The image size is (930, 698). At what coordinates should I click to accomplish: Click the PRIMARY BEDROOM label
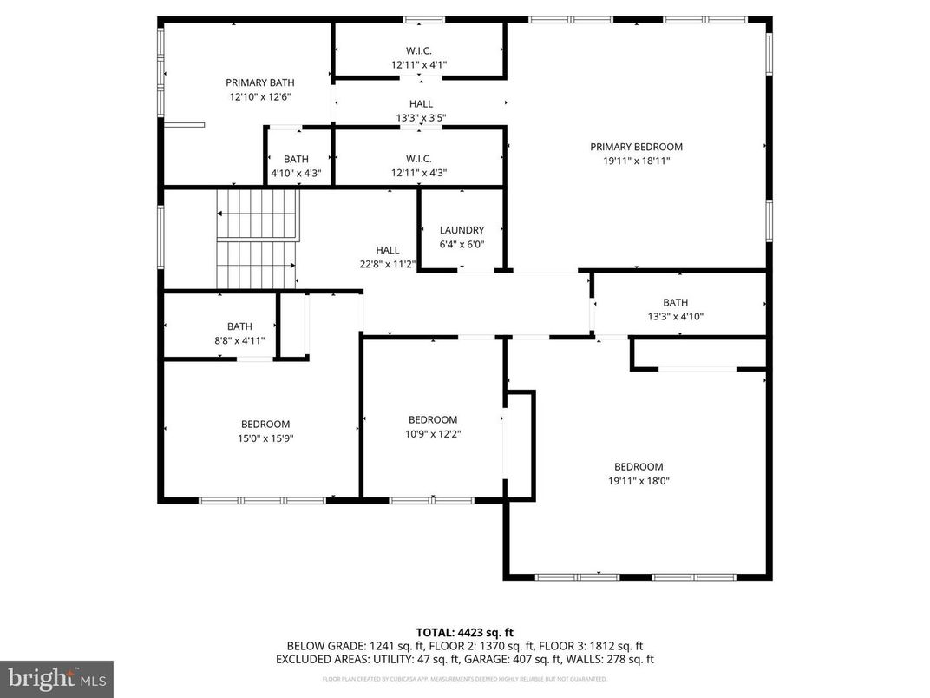pyautogui.click(x=636, y=147)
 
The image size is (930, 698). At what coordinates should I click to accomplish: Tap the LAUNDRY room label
pyautogui.click(x=462, y=230)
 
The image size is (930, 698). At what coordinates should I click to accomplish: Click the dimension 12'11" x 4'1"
pyautogui.click(x=419, y=64)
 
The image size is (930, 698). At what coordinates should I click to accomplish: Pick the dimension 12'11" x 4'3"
pyautogui.click(x=419, y=172)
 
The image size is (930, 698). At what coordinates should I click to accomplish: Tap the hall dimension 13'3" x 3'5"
pyautogui.click(x=421, y=118)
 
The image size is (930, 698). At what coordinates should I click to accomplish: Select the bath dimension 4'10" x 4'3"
pyautogui.click(x=296, y=173)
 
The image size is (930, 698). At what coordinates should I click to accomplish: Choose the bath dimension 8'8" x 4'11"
pyautogui.click(x=239, y=340)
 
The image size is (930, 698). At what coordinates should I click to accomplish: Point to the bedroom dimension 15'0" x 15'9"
pyautogui.click(x=265, y=438)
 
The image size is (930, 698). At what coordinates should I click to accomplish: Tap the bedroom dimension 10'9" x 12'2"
pyautogui.click(x=432, y=433)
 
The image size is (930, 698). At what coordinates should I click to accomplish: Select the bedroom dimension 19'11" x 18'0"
pyautogui.click(x=638, y=480)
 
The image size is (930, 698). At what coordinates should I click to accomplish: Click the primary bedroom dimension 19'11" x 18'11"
pyautogui.click(x=636, y=161)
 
